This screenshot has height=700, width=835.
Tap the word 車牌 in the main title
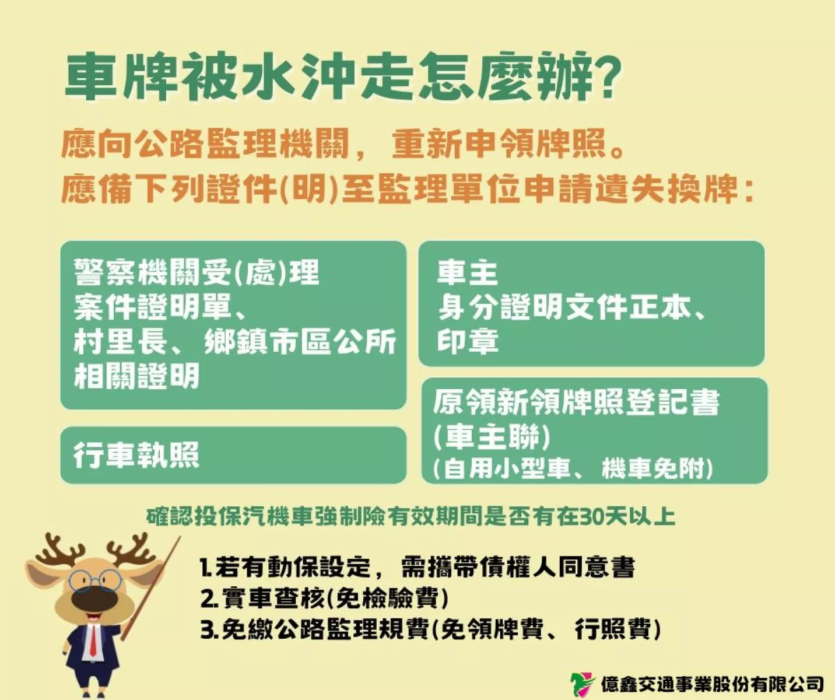click(120, 77)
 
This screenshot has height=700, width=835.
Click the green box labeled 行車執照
click(233, 455)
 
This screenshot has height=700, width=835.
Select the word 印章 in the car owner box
click(468, 342)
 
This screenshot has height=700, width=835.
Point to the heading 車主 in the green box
click(467, 273)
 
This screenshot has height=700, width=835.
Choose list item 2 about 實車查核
click(325, 598)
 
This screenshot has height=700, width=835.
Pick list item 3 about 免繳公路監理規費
click(430, 629)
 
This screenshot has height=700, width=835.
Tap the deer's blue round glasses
click(95, 580)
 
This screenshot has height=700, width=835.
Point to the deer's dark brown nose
click(94, 599)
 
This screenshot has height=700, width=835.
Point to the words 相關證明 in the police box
click(136, 376)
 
